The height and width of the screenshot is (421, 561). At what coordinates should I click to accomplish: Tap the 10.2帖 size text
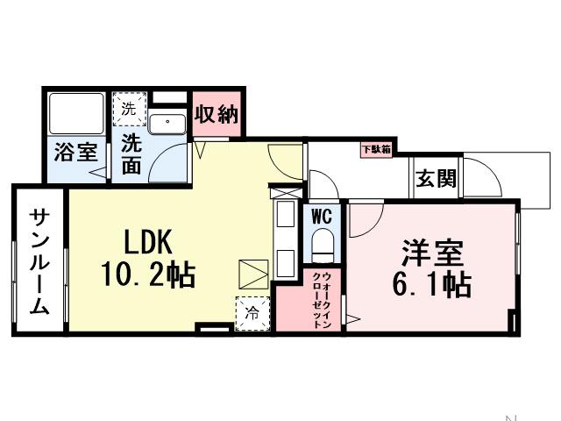[x=148, y=276]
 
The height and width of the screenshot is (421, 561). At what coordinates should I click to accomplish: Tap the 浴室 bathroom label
[x=75, y=151]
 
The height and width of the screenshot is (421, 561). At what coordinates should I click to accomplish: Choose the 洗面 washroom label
[x=131, y=153]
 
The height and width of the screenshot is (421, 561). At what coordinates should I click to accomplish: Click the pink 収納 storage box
[x=216, y=114]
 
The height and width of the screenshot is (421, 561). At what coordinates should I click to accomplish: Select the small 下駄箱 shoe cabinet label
[x=376, y=149]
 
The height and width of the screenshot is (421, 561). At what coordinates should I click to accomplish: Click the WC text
[x=321, y=214]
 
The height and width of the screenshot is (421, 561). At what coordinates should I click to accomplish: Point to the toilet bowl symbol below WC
[x=323, y=243]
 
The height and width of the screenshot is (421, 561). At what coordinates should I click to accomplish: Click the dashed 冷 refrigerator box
[x=252, y=310]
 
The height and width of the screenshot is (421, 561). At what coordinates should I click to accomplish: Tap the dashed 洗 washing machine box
[x=128, y=110]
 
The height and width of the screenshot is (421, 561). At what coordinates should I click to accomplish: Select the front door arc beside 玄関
[x=483, y=175]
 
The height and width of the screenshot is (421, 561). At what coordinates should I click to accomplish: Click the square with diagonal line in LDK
[x=251, y=274]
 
